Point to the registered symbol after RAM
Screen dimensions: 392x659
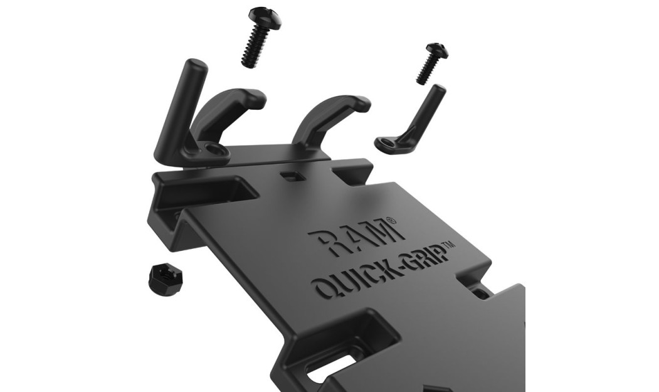click(390, 220)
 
